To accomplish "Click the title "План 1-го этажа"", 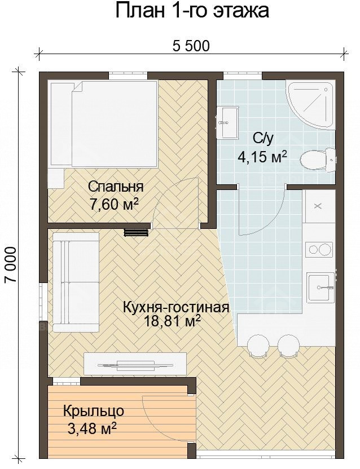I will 191,11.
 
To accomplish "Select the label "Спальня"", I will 116,187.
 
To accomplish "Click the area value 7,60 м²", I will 115,204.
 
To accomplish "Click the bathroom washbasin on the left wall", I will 227,123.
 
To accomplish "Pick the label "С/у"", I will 262,138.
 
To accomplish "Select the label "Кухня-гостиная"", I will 176,307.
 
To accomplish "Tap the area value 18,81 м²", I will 176,322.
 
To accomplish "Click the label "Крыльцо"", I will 94,411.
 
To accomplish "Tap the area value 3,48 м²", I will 92,430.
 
